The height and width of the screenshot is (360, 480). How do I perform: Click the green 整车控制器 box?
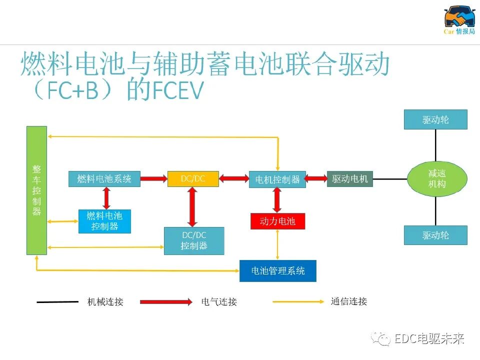pyautogui.click(x=36, y=190)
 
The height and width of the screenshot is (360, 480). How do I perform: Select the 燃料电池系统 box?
pyautogui.click(x=104, y=179)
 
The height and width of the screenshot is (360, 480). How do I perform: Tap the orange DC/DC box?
pyautogui.click(x=193, y=178)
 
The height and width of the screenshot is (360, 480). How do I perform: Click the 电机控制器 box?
pyautogui.click(x=277, y=179)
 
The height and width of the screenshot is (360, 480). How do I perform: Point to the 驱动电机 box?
pyautogui.click(x=349, y=178)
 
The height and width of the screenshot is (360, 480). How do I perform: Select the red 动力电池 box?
pyautogui.click(x=277, y=221)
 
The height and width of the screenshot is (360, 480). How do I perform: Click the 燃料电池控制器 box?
pyautogui.click(x=104, y=221)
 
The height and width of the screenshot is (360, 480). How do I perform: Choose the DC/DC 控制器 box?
pyautogui.click(x=194, y=240)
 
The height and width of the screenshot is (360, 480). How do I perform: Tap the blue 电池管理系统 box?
pyautogui.click(x=277, y=270)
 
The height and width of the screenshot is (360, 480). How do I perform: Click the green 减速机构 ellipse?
pyautogui.click(x=437, y=178)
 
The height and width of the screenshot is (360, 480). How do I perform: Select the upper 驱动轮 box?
pyautogui.click(x=435, y=120)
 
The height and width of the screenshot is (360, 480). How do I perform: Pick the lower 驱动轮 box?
pyautogui.click(x=435, y=235)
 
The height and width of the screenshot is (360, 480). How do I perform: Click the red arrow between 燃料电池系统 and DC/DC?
pyautogui.click(x=154, y=178)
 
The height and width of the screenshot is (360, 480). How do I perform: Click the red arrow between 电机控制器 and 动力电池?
pyautogui.click(x=277, y=200)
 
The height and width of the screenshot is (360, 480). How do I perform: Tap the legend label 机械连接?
pyautogui.click(x=105, y=301)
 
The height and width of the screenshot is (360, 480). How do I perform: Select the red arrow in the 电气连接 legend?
pyautogui.click(x=166, y=301)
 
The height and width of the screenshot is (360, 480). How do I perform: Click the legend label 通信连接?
pyautogui.click(x=348, y=301)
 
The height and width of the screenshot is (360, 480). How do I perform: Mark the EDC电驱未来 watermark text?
pyautogui.click(x=429, y=339)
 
